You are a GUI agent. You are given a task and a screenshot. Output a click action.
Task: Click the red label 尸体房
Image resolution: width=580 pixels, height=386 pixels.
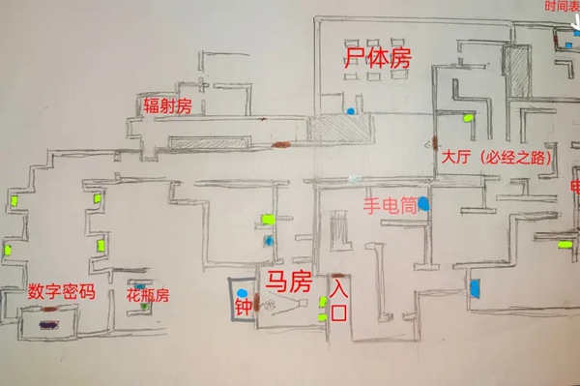coord(378,58)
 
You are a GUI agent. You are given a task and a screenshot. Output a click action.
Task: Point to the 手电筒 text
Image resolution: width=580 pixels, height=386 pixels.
coord(390,205)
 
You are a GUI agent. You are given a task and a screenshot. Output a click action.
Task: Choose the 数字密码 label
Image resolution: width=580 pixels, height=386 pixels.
coord(61,290)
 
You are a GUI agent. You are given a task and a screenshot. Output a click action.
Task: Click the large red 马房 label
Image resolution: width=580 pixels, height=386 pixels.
coord(288,283)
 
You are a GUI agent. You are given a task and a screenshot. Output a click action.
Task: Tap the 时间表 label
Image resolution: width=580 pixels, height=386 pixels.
coord(562,7)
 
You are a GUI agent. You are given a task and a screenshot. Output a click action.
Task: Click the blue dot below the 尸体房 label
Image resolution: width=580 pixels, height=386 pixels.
coord(350,112)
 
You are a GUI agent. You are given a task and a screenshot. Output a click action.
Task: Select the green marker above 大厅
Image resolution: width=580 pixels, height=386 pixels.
coord(469,118)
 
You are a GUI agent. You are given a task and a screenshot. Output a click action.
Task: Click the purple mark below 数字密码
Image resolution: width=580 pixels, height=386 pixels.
coord(45,326)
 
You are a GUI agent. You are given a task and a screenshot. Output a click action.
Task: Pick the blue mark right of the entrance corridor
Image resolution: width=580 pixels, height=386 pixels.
coord(475,287)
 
